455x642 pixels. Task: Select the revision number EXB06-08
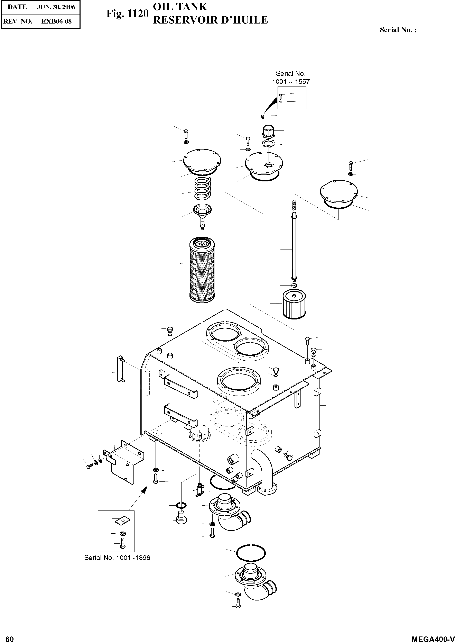56,21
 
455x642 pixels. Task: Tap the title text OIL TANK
180,7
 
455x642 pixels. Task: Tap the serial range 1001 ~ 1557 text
291,82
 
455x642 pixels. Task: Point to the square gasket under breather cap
268,144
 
